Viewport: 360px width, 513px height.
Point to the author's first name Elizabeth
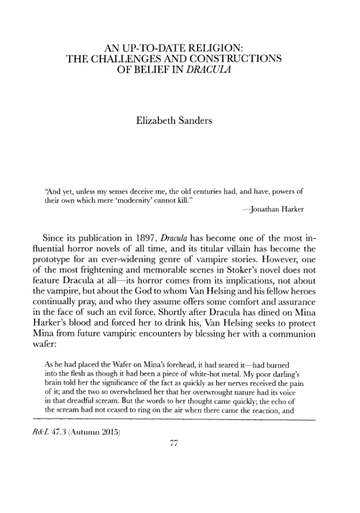[158, 121]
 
